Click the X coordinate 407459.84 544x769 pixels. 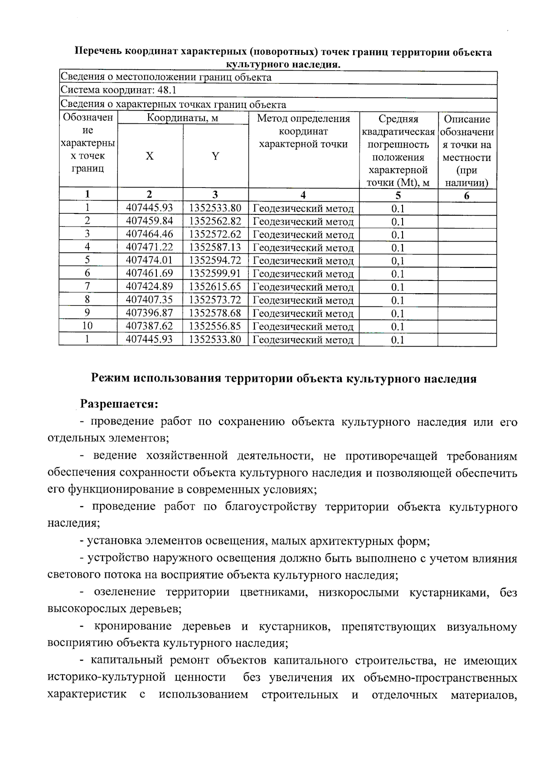(150, 221)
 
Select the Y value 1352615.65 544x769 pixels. (215, 286)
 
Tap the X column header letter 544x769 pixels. (150, 156)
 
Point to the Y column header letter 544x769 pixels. (216, 156)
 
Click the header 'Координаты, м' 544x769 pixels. (183, 118)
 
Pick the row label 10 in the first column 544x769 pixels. (87, 326)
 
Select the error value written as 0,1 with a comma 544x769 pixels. (398, 261)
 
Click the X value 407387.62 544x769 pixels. (150, 326)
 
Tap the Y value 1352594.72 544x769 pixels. (215, 260)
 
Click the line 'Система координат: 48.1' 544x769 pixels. (119, 90)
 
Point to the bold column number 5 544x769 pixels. (398, 195)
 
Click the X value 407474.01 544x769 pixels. (150, 260)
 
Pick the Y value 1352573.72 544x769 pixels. (215, 300)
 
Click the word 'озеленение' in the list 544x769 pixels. (123, 592)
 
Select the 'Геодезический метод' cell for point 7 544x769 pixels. (303, 287)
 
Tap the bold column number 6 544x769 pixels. (466, 196)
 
